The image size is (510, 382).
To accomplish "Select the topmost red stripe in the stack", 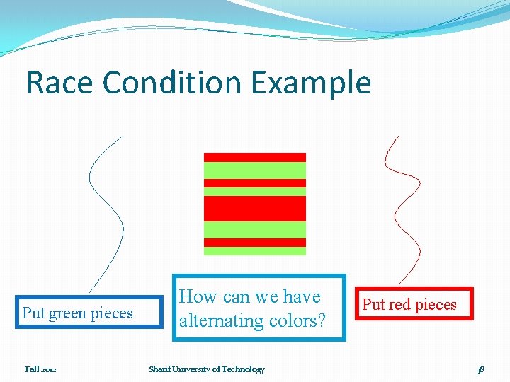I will [x=255, y=157].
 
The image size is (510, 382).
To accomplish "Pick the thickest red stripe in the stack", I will [x=255, y=208].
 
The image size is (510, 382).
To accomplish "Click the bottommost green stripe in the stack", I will [x=255, y=250].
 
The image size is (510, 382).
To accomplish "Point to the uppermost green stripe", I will [x=255, y=170].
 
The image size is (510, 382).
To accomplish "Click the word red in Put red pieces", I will [x=397, y=305].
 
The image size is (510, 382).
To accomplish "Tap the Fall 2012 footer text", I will [x=40, y=369].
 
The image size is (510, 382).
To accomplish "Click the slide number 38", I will [x=480, y=369].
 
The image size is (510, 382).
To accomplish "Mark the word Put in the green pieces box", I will [x=33, y=313].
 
